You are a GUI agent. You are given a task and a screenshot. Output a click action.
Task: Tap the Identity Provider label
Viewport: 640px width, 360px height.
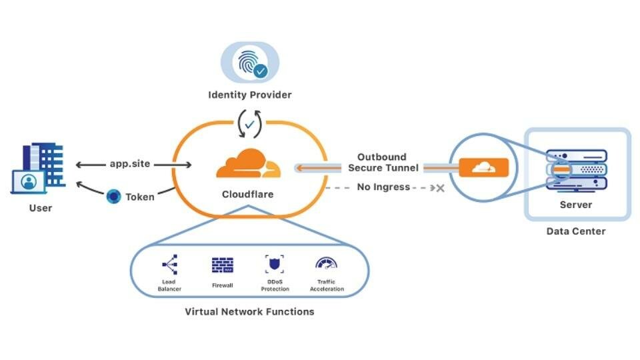tap(249, 95)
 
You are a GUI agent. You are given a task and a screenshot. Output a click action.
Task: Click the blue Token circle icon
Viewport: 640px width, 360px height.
tap(113, 197)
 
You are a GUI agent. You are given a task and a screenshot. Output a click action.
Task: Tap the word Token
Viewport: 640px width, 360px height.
tap(140, 197)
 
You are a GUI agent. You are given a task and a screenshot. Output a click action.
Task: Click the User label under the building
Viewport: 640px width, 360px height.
tap(40, 208)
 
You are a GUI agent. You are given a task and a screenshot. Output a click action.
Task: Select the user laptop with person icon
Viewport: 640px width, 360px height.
tap(28, 181)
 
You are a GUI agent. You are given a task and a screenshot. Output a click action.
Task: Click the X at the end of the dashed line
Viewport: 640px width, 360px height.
tap(439, 188)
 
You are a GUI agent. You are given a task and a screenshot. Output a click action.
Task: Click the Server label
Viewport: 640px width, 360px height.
tap(575, 204)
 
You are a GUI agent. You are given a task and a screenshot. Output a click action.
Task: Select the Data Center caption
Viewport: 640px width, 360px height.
tap(575, 231)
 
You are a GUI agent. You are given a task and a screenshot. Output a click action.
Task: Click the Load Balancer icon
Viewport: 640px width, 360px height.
tap(169, 265)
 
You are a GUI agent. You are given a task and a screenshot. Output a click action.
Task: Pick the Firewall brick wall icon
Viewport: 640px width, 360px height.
tap(223, 265)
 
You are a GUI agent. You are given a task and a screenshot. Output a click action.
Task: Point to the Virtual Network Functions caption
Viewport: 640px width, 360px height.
tap(249, 311)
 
